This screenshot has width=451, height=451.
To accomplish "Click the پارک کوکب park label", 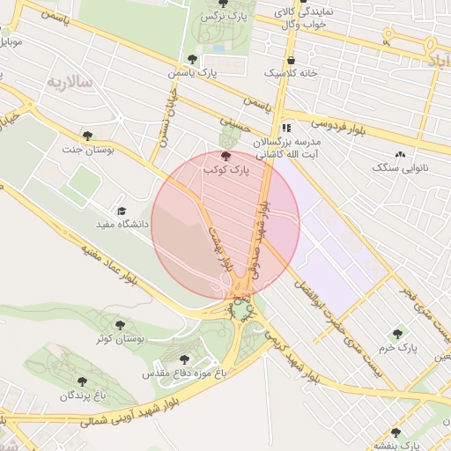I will [x=227, y=167].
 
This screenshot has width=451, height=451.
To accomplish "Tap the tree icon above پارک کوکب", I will [x=227, y=154].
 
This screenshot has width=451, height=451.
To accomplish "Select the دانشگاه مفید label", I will [x=122, y=225].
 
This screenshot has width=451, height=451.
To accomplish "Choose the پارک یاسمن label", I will [x=195, y=72].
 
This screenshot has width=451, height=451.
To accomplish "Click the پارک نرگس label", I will [x=222, y=17].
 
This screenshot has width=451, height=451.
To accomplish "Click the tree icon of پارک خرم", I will [x=397, y=334].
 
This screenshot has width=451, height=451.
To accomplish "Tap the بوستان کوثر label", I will [x=121, y=338].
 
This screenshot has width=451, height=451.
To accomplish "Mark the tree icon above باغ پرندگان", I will [x=81, y=382].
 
